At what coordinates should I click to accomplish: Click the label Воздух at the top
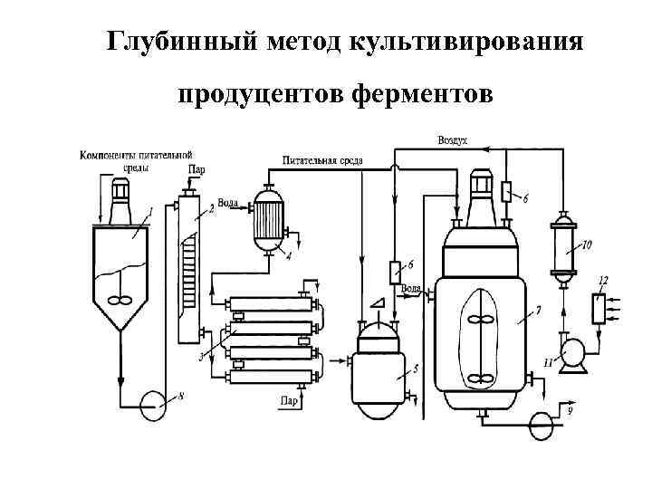[x=452, y=141]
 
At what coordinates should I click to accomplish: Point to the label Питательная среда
[x=322, y=160]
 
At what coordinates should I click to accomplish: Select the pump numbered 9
[x=542, y=420]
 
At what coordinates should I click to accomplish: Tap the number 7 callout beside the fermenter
[x=538, y=311]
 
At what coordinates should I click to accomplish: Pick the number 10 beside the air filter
[x=587, y=244]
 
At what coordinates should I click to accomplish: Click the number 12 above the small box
[x=603, y=279]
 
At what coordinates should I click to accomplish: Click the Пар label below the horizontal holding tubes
[x=290, y=400]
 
